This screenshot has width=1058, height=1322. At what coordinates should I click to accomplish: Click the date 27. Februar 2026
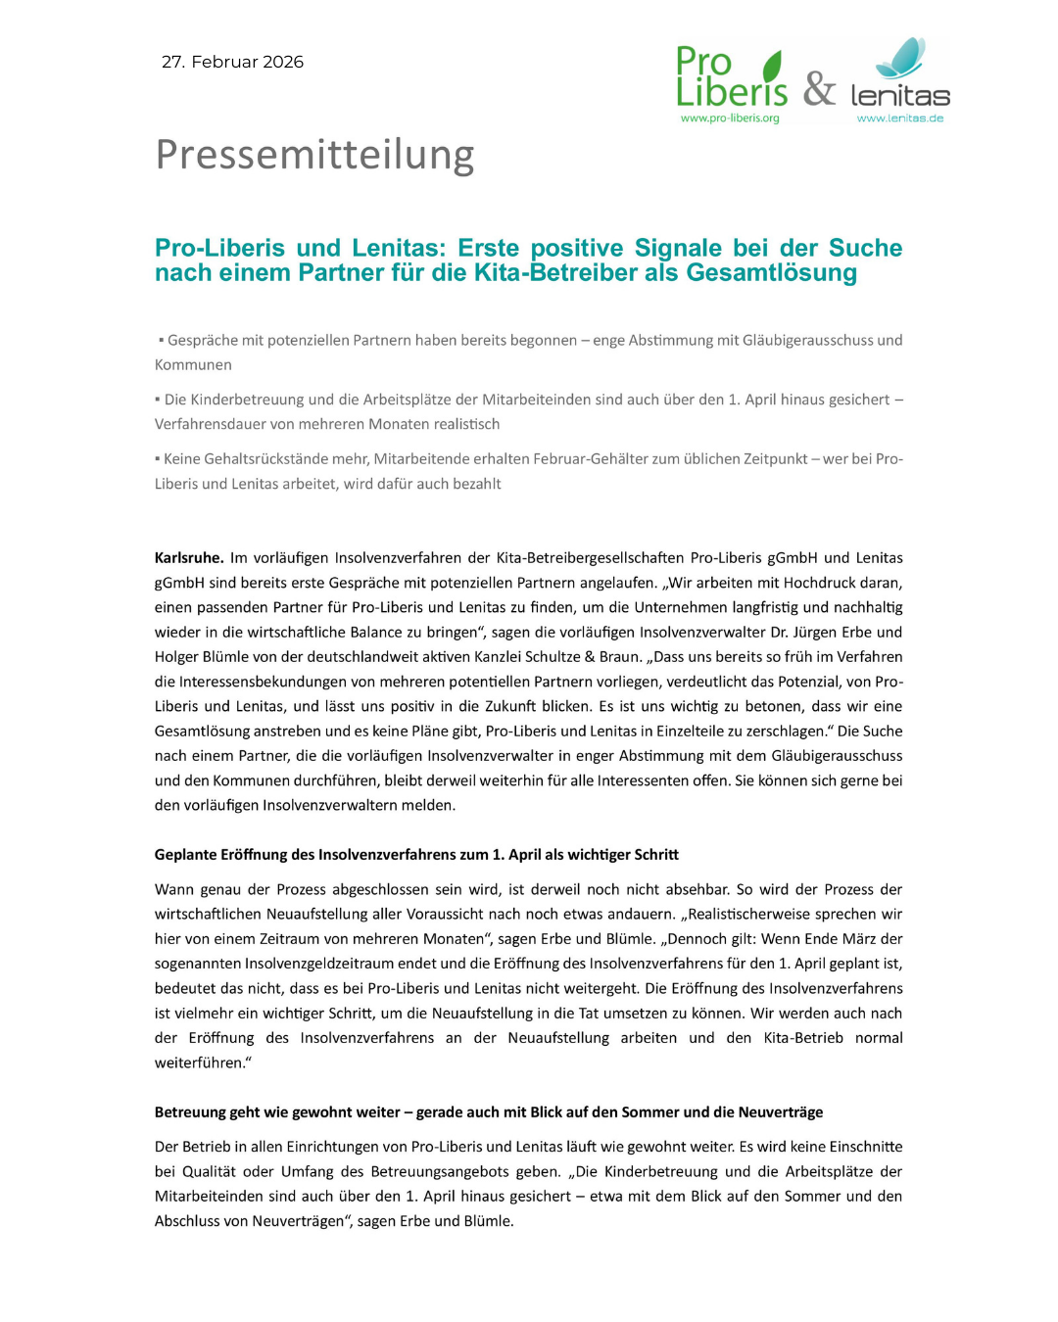(232, 62)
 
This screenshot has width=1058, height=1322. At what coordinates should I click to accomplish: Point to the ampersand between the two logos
(819, 89)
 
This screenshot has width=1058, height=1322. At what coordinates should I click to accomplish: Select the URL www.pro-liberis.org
(730, 118)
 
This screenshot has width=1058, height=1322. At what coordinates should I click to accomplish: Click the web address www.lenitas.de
(899, 118)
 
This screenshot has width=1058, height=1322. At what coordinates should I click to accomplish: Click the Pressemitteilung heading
(314, 155)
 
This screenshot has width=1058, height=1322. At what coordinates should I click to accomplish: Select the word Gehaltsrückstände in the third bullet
(266, 458)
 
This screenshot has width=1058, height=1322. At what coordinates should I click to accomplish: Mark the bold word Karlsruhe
(188, 557)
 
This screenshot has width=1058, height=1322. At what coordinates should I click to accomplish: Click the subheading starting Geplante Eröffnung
(416, 854)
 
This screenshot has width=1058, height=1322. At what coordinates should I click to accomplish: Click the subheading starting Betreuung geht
(488, 1111)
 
